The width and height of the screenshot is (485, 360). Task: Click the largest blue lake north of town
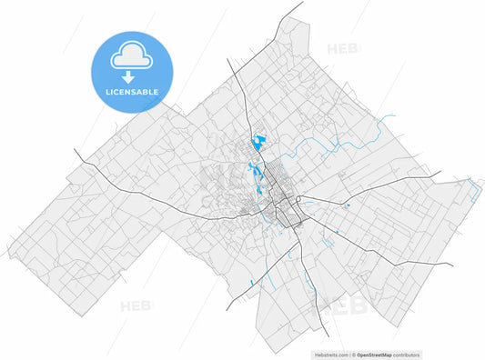pos(260,143)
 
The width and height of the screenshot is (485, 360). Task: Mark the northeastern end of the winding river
pos(394,115)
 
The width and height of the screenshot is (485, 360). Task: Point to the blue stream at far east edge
pos(474,188)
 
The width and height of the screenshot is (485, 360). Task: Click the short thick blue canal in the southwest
pos(250,285)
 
